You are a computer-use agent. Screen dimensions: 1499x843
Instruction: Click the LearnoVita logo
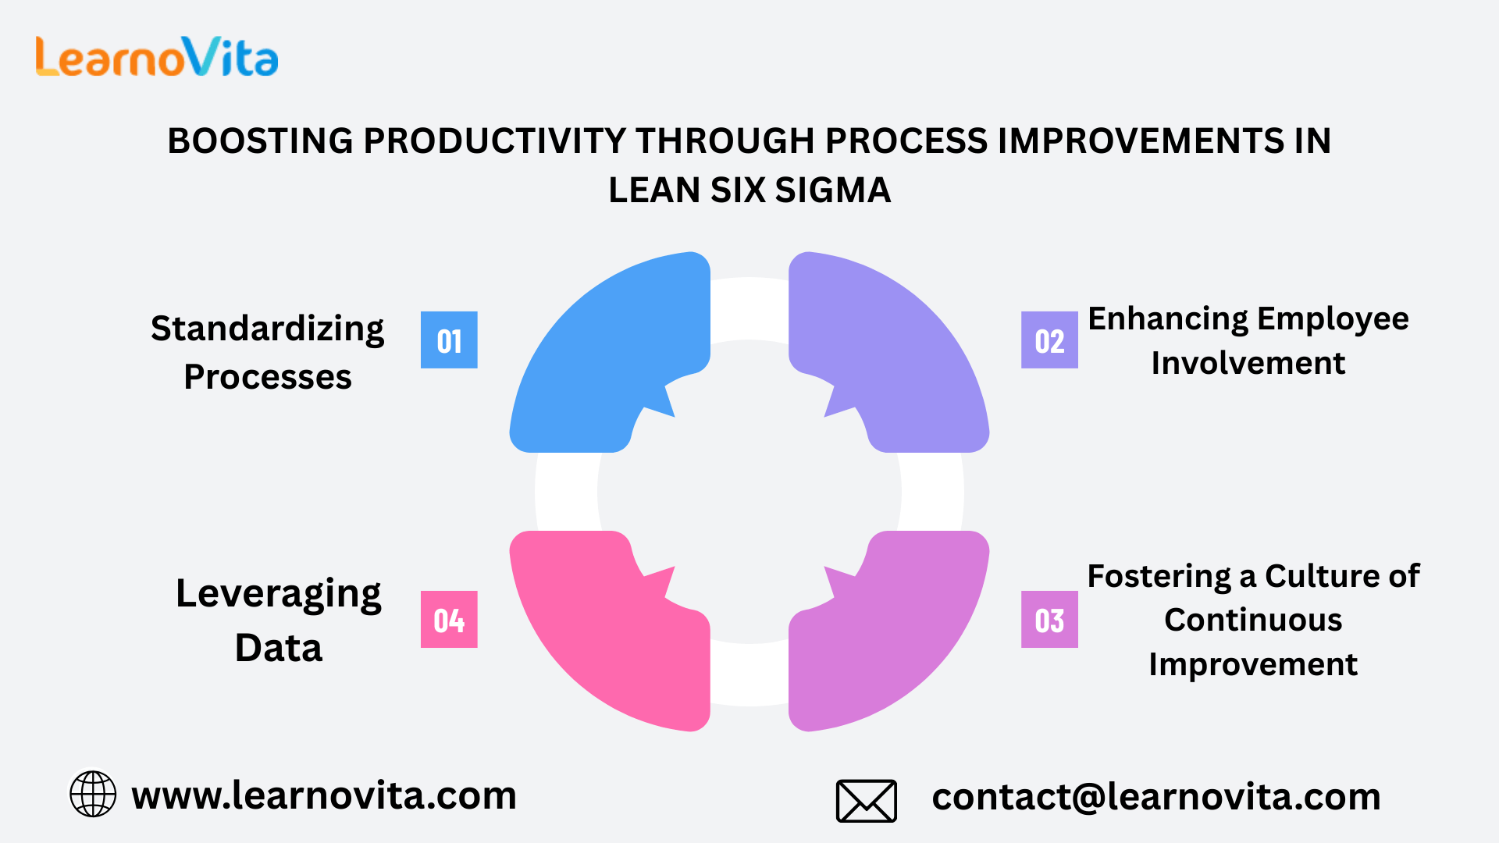tap(157, 57)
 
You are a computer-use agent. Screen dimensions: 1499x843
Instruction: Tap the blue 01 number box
tap(449, 340)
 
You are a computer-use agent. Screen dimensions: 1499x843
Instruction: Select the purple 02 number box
tap(1049, 340)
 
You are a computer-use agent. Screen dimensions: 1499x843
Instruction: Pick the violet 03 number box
tap(1049, 620)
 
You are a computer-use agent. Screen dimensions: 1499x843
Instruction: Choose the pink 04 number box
tap(449, 620)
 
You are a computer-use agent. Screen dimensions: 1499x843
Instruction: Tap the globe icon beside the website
tap(93, 794)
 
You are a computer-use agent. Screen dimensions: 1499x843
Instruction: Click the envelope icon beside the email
tap(867, 801)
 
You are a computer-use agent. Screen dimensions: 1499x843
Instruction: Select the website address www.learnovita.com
tap(324, 795)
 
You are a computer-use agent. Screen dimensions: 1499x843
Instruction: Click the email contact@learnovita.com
tap(1156, 797)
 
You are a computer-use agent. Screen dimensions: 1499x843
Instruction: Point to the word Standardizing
tap(268, 329)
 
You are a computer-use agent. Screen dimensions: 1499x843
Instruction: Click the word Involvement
tap(1248, 363)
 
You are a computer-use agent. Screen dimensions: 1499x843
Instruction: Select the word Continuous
tap(1253, 620)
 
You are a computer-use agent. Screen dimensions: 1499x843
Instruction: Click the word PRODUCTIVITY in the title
tap(495, 141)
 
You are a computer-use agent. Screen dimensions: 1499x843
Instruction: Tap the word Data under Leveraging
tap(279, 648)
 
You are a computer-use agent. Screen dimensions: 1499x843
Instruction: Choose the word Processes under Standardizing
tap(268, 377)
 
